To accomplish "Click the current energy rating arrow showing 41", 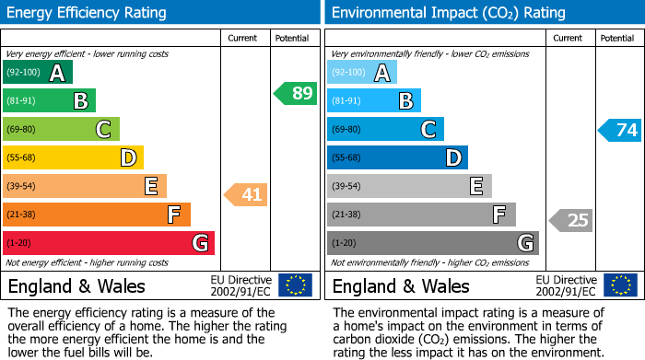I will click(x=245, y=194).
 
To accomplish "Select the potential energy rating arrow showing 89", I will click(x=296, y=93).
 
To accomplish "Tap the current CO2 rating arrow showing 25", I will click(x=571, y=220).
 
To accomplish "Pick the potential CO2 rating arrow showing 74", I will click(x=620, y=130).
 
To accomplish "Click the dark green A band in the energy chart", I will click(x=38, y=73).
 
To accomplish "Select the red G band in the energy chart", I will click(x=109, y=243).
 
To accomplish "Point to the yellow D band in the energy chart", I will click(x=73, y=157).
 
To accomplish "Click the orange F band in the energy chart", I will click(x=97, y=215).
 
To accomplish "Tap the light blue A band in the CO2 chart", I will click(x=362, y=73).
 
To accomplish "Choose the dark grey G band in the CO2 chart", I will click(x=433, y=243).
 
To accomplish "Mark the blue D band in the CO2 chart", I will click(x=397, y=157).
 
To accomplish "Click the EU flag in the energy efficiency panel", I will click(x=295, y=285).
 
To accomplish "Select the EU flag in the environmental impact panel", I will click(x=620, y=285).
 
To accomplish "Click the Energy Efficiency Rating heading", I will click(x=88, y=13).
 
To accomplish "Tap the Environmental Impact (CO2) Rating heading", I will click(x=448, y=13).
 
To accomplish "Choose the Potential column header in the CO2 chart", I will click(x=617, y=38).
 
